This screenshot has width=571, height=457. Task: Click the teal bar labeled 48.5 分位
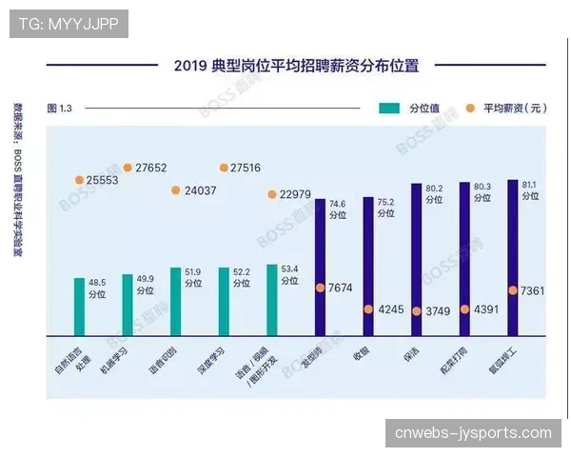tap(79, 307)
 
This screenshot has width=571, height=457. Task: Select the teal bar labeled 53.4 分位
tap(271, 300)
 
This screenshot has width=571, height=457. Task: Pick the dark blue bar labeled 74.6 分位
tap(321, 263)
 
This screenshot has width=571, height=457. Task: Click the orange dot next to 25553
tap(79, 180)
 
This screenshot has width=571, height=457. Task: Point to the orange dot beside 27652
tap(128, 168)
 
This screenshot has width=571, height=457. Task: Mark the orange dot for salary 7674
tap(321, 288)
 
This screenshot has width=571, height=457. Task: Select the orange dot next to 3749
tap(417, 309)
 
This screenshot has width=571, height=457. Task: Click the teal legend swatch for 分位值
tap(389, 109)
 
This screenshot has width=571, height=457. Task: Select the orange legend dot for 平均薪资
tap(470, 109)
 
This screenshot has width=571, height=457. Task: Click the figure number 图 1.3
tap(60, 109)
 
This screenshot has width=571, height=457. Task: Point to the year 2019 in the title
tap(190, 66)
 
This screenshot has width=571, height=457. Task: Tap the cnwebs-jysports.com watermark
tap(473, 433)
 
